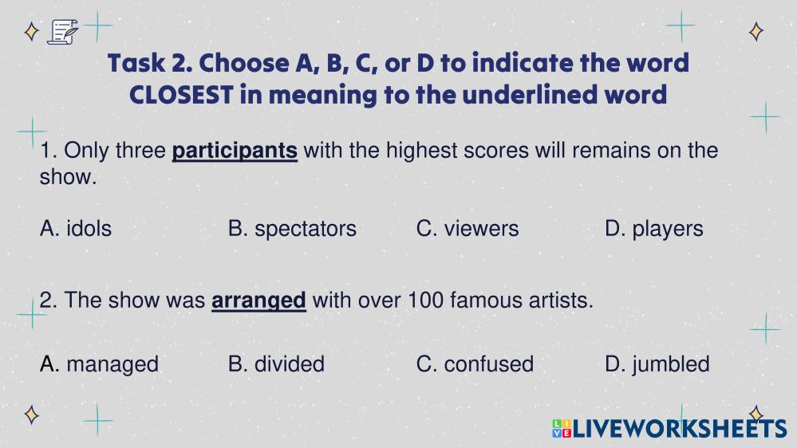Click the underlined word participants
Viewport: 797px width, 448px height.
click(x=235, y=151)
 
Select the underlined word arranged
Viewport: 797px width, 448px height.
click(x=258, y=301)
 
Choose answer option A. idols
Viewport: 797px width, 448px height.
click(x=76, y=229)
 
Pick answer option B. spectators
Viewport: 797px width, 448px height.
click(x=292, y=230)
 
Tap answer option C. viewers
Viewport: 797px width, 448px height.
click(x=468, y=229)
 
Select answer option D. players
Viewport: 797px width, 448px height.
click(x=654, y=230)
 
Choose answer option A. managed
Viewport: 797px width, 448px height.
click(x=99, y=365)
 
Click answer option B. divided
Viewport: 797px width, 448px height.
click(x=277, y=364)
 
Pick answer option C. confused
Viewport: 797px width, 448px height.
click(x=475, y=364)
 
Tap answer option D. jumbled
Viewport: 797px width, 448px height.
click(x=657, y=365)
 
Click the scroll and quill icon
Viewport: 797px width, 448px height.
click(x=63, y=32)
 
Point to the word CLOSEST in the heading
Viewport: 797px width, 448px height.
click(x=181, y=95)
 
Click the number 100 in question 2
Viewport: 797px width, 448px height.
click(x=426, y=301)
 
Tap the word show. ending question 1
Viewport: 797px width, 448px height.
click(x=68, y=177)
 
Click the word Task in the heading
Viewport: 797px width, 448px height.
click(x=136, y=64)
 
